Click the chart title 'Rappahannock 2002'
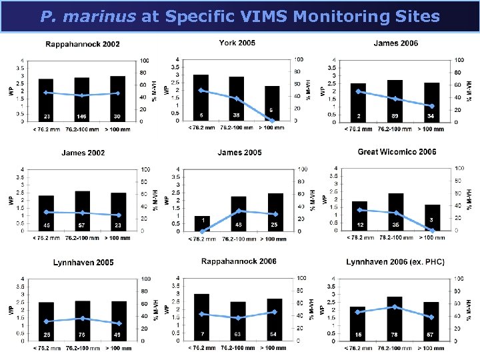83,44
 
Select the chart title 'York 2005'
237,43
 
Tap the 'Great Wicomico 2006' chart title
397,152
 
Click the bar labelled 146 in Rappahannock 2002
82,99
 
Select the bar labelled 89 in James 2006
395,101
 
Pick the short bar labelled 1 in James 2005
202,223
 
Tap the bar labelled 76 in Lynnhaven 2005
82,323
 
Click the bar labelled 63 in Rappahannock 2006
238,321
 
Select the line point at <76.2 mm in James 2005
202,231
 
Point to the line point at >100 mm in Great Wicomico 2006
432,231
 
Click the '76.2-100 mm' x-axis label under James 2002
82,238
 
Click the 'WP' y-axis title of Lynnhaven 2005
11,311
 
